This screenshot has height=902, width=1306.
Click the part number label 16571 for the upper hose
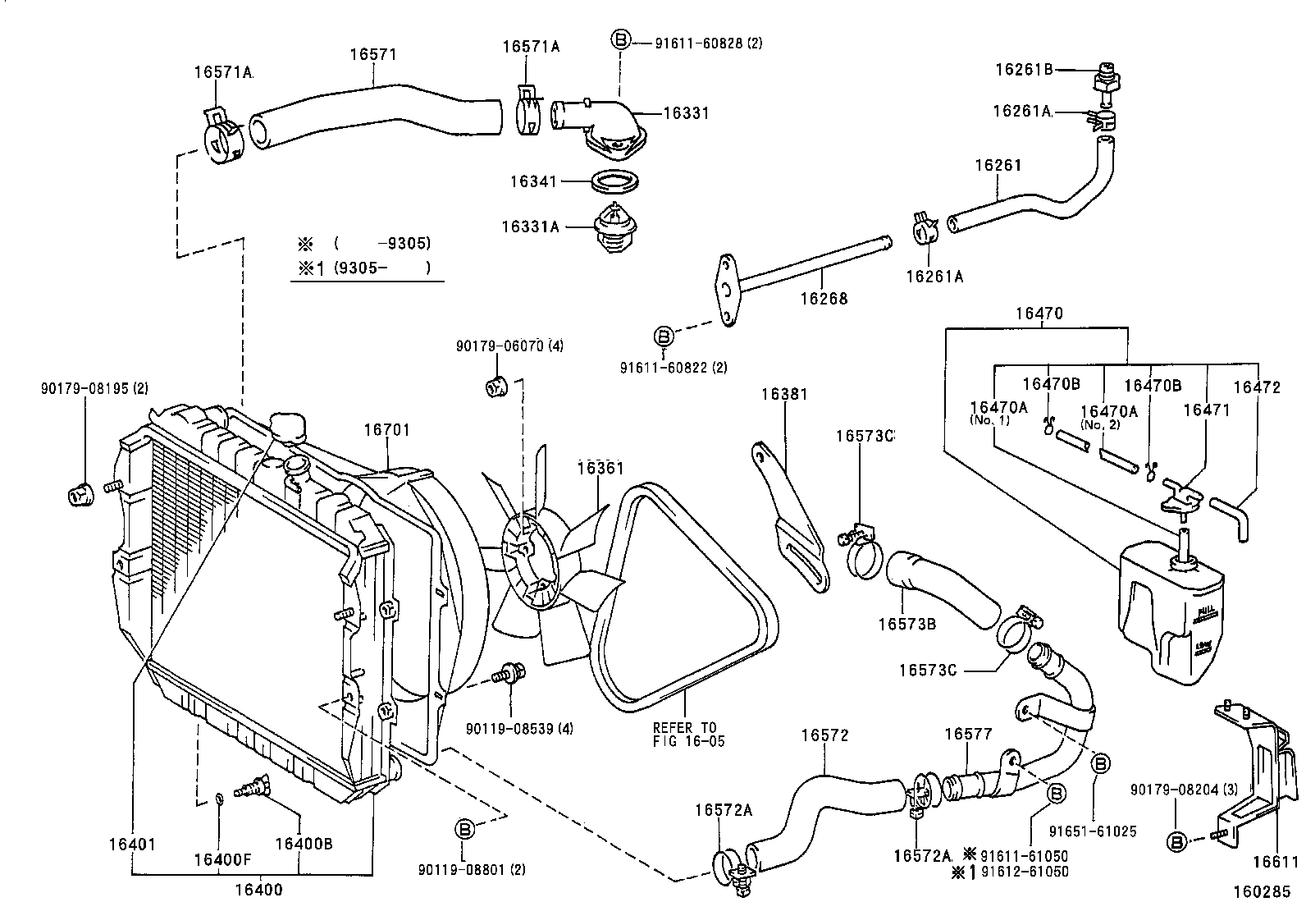point(373,54)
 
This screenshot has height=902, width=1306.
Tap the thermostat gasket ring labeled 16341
point(615,180)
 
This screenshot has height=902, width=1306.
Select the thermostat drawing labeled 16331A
point(614,226)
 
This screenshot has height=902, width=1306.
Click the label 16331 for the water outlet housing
point(685,112)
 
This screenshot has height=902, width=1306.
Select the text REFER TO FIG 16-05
point(685,734)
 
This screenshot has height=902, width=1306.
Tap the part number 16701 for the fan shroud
point(386,429)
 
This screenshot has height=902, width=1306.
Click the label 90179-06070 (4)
point(509,346)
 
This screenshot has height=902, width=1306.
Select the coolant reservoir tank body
point(1169,611)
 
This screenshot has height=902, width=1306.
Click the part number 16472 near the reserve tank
point(1257,387)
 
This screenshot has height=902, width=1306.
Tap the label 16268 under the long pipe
point(824,298)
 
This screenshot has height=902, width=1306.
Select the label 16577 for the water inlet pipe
point(968,734)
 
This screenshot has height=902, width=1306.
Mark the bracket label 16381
point(784,394)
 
